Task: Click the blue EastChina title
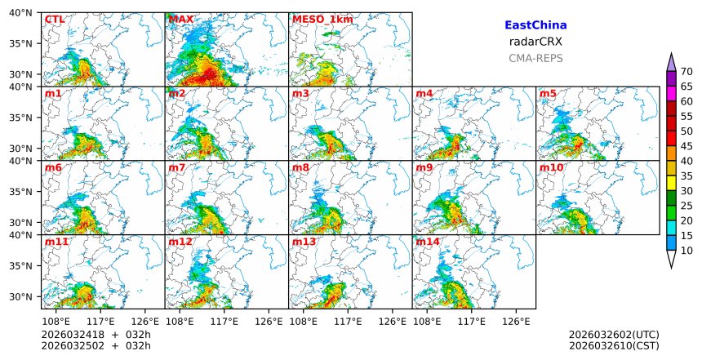pyautogui.click(x=535, y=25)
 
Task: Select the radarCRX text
pyautogui.click(x=535, y=42)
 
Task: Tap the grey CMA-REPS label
pyautogui.click(x=535, y=58)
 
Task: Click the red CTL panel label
pyautogui.click(x=55, y=20)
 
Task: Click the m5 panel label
pyautogui.click(x=548, y=94)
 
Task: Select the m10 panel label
pyautogui.click(x=551, y=167)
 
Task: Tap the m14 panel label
pyautogui.click(x=428, y=242)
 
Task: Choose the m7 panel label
pyautogui.click(x=178, y=167)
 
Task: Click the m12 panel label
pyautogui.click(x=180, y=242)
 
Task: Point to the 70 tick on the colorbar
pyautogui.click(x=686, y=71)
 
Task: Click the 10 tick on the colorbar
pyautogui.click(x=686, y=251)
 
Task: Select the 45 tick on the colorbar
pyautogui.click(x=686, y=146)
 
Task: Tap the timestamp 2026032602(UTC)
pyautogui.click(x=614, y=335)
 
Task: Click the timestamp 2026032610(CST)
pyautogui.click(x=614, y=346)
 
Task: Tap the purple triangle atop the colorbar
pyautogui.click(x=671, y=62)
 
